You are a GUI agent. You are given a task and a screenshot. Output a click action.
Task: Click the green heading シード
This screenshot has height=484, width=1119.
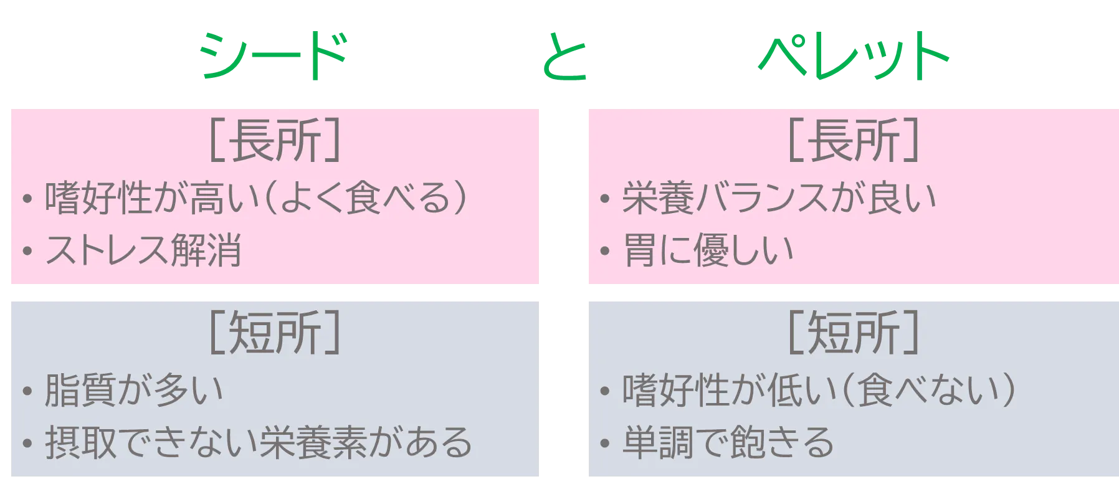point(273,57)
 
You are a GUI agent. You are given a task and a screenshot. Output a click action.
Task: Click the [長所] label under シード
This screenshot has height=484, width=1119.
point(274,140)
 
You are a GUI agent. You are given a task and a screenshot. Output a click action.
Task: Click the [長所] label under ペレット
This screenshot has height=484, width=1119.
point(852,140)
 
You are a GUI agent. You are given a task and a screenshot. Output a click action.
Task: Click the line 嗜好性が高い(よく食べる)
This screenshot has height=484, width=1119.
point(255,198)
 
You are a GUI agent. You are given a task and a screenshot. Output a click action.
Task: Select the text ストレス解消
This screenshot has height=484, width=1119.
point(143,250)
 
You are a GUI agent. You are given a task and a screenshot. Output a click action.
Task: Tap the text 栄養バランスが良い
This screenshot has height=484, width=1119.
point(779,198)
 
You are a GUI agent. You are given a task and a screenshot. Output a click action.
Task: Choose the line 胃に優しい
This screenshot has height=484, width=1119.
point(708,250)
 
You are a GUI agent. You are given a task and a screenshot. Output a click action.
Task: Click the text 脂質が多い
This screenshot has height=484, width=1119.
point(133,391)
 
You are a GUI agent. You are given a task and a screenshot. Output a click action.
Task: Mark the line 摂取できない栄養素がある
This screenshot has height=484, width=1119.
point(258,443)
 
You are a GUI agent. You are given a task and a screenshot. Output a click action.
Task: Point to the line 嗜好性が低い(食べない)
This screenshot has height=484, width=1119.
point(819,391)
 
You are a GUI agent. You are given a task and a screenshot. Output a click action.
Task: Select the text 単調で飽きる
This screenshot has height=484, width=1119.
point(727,443)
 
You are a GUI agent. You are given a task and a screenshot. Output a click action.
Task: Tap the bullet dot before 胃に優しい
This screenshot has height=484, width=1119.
point(604,252)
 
